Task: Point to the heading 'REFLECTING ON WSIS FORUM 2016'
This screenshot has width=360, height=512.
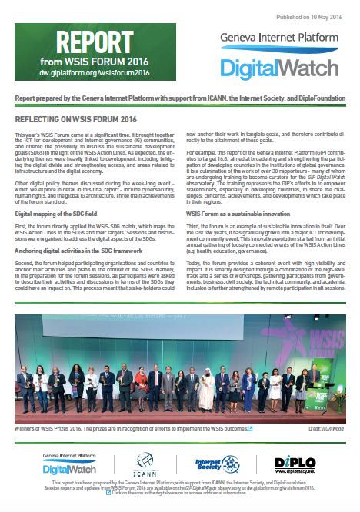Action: [75, 121]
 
